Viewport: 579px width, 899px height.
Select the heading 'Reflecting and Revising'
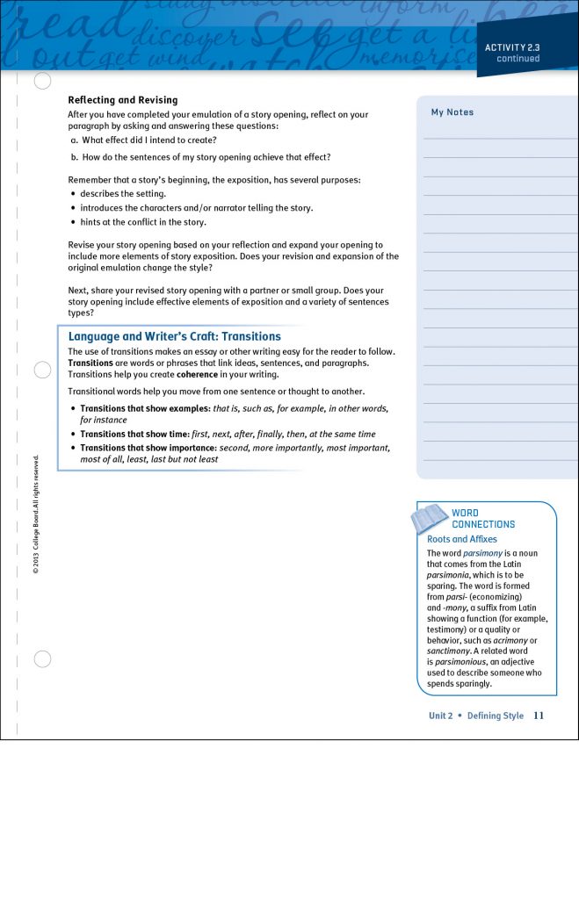click(x=123, y=100)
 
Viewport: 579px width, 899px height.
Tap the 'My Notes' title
click(x=452, y=112)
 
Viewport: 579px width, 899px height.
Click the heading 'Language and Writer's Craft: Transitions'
click(x=174, y=336)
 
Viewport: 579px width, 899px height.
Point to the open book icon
click(x=430, y=518)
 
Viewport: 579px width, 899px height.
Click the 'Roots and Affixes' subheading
click(x=461, y=539)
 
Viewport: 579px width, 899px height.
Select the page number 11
click(x=539, y=716)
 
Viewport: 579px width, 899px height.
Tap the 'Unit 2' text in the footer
click(x=440, y=716)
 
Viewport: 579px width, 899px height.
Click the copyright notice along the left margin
click(x=35, y=514)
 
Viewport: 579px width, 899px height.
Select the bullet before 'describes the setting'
click(x=73, y=194)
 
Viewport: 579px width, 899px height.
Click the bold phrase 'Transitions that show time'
click(x=134, y=434)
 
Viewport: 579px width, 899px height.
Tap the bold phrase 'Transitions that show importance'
click(x=147, y=448)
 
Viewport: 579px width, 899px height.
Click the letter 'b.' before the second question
click(x=75, y=157)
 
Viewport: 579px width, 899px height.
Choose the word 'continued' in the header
click(x=517, y=59)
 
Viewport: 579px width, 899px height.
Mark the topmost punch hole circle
click(x=42, y=82)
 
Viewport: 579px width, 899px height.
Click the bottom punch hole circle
click(x=42, y=659)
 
